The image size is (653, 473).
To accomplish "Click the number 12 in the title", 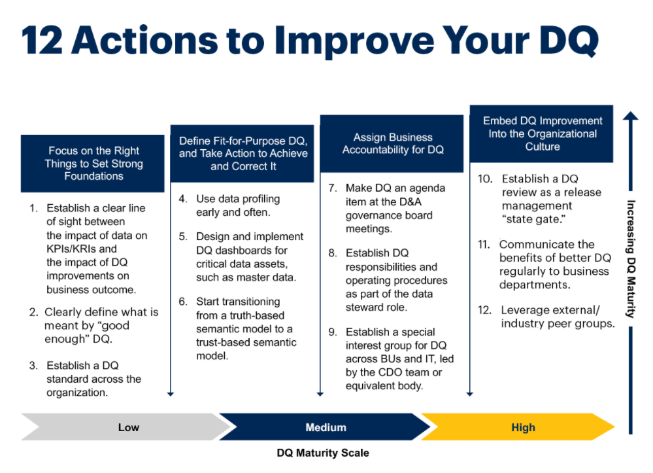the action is [42, 41].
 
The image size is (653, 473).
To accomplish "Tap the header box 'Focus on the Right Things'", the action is [92, 164].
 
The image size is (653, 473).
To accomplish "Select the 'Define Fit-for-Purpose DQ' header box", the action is [243, 153].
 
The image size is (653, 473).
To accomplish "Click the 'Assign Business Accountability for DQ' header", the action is [392, 143].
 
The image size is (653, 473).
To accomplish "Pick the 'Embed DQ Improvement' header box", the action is [541, 133].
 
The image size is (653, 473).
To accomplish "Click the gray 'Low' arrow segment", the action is [125, 427].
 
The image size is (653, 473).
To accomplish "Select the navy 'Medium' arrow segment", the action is [325, 427].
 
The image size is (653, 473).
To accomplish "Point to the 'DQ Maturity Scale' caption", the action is [323, 453].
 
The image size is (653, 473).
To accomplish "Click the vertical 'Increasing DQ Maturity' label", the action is [631, 259].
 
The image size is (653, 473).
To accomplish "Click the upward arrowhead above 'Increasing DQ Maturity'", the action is [631, 116].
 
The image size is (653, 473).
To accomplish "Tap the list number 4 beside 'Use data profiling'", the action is [183, 199].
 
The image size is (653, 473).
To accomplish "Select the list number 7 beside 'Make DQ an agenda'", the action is [332, 188].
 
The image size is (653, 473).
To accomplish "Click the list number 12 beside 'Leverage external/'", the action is [484, 310].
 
